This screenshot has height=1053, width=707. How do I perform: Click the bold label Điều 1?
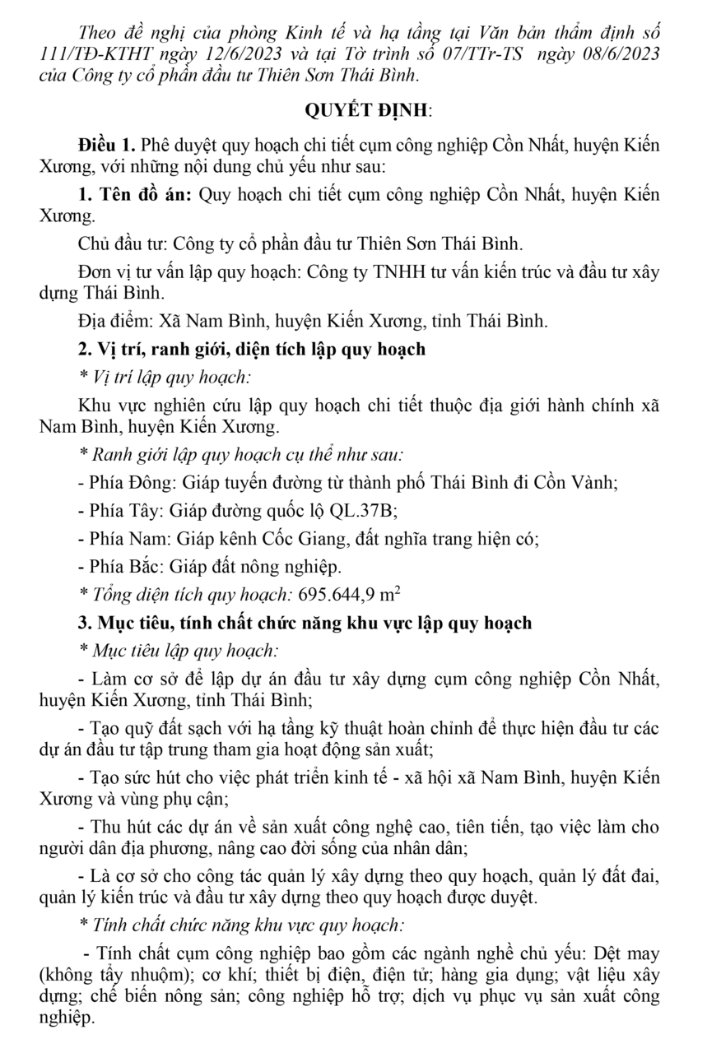coord(106,146)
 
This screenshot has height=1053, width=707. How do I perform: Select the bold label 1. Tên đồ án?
coord(135,197)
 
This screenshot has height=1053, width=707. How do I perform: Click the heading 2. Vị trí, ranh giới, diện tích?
coord(251,349)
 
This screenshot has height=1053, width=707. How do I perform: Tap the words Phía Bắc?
coord(119,567)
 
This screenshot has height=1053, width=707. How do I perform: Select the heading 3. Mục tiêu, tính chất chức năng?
coord(304,623)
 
